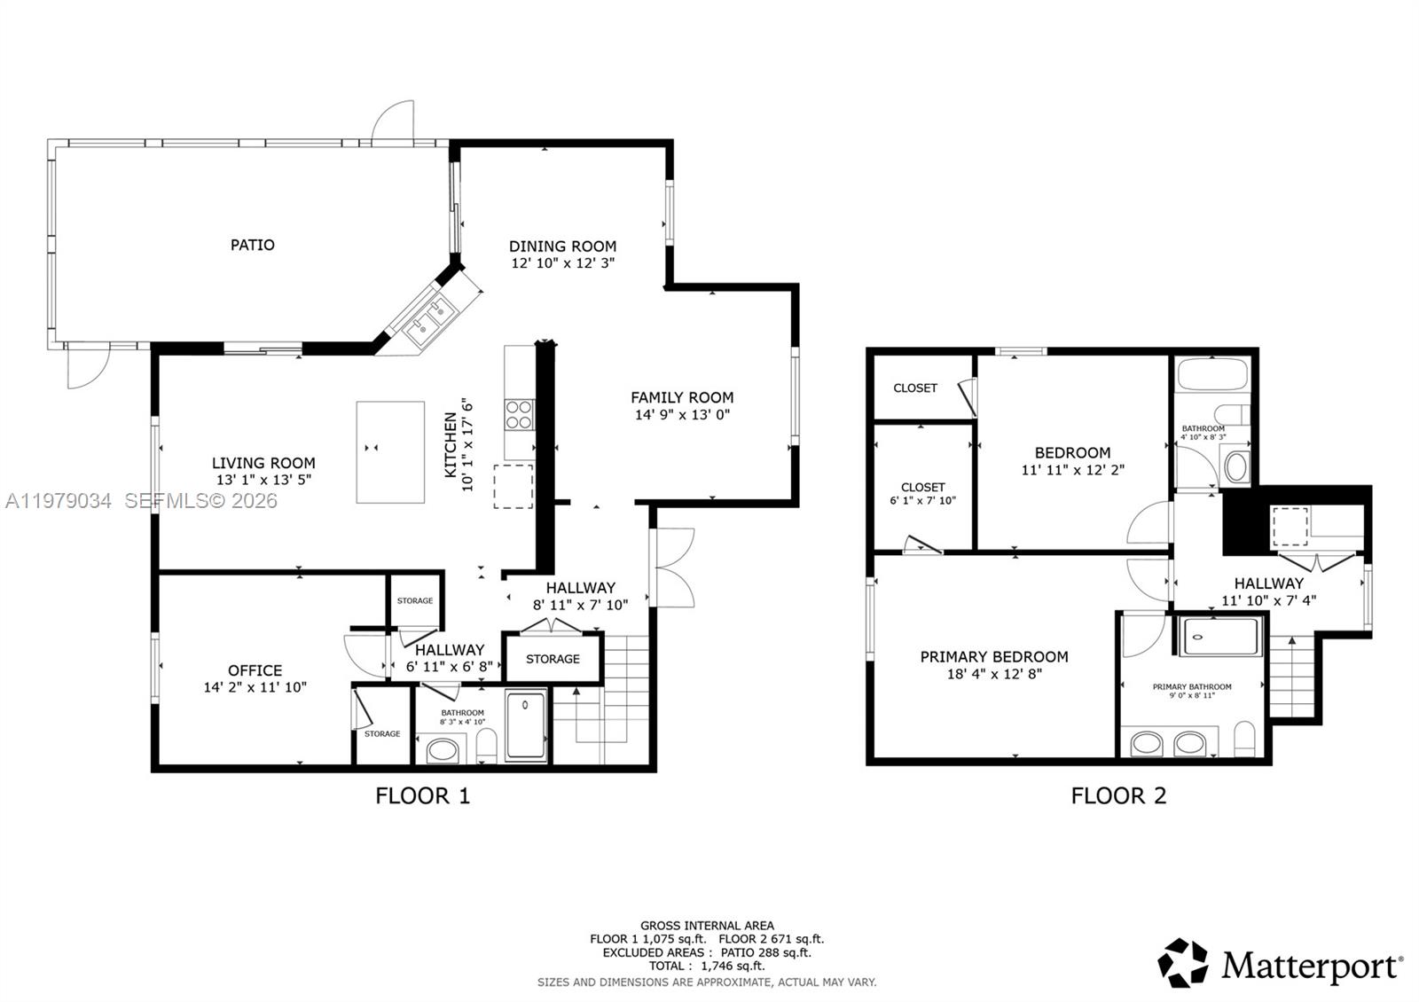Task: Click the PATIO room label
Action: click(253, 245)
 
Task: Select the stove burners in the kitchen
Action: click(519, 414)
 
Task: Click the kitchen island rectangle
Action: click(390, 452)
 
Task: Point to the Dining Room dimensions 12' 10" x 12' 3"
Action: click(562, 263)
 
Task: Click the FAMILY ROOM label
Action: click(682, 397)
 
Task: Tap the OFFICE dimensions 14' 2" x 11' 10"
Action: click(255, 687)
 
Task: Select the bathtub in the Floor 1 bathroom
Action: click(527, 726)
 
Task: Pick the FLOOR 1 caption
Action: click(422, 795)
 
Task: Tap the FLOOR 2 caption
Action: click(1118, 795)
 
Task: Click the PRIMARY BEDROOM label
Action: click(993, 657)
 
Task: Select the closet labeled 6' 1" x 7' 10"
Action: click(922, 493)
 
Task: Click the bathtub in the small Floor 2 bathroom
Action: click(1211, 375)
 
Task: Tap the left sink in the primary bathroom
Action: click(1147, 743)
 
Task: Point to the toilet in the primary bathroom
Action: click(1245, 740)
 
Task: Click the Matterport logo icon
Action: click(1183, 963)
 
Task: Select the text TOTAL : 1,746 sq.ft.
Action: click(706, 966)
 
